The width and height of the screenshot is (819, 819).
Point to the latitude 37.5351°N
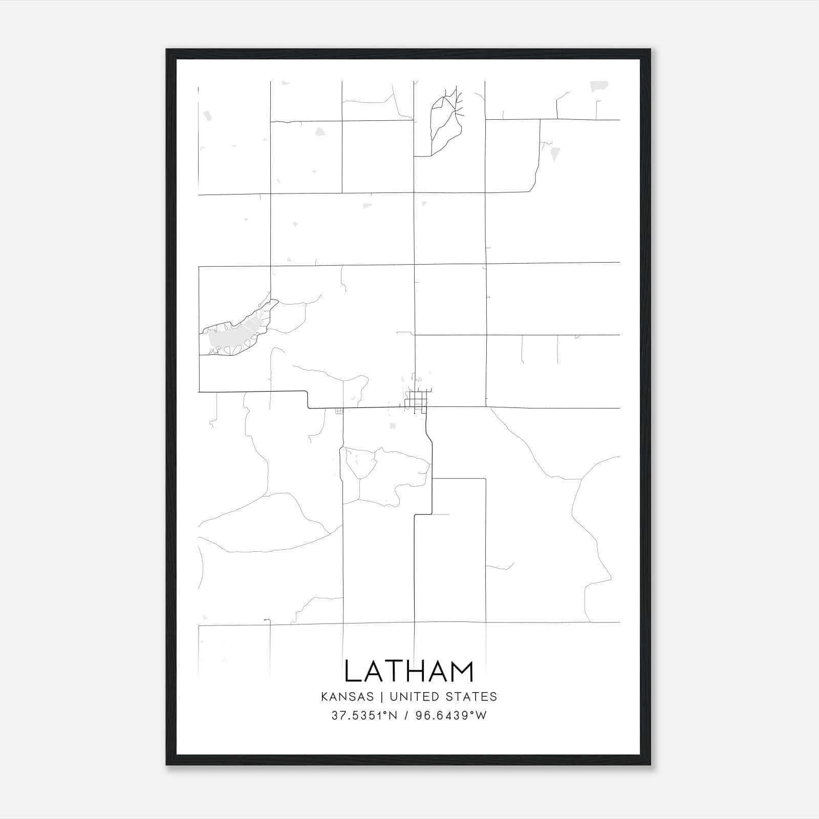click(364, 716)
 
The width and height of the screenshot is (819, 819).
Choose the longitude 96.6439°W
click(451, 716)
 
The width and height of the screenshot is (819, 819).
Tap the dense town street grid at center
click(418, 400)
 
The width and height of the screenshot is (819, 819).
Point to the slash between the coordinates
click(406, 716)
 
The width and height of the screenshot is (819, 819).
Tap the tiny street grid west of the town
click(339, 411)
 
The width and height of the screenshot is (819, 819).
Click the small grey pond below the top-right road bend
click(555, 153)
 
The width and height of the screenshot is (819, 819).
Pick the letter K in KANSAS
click(325, 697)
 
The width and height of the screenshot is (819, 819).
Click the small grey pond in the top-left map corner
click(207, 116)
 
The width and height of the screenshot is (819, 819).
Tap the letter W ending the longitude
click(481, 716)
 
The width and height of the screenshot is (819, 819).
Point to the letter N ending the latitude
click(392, 716)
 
